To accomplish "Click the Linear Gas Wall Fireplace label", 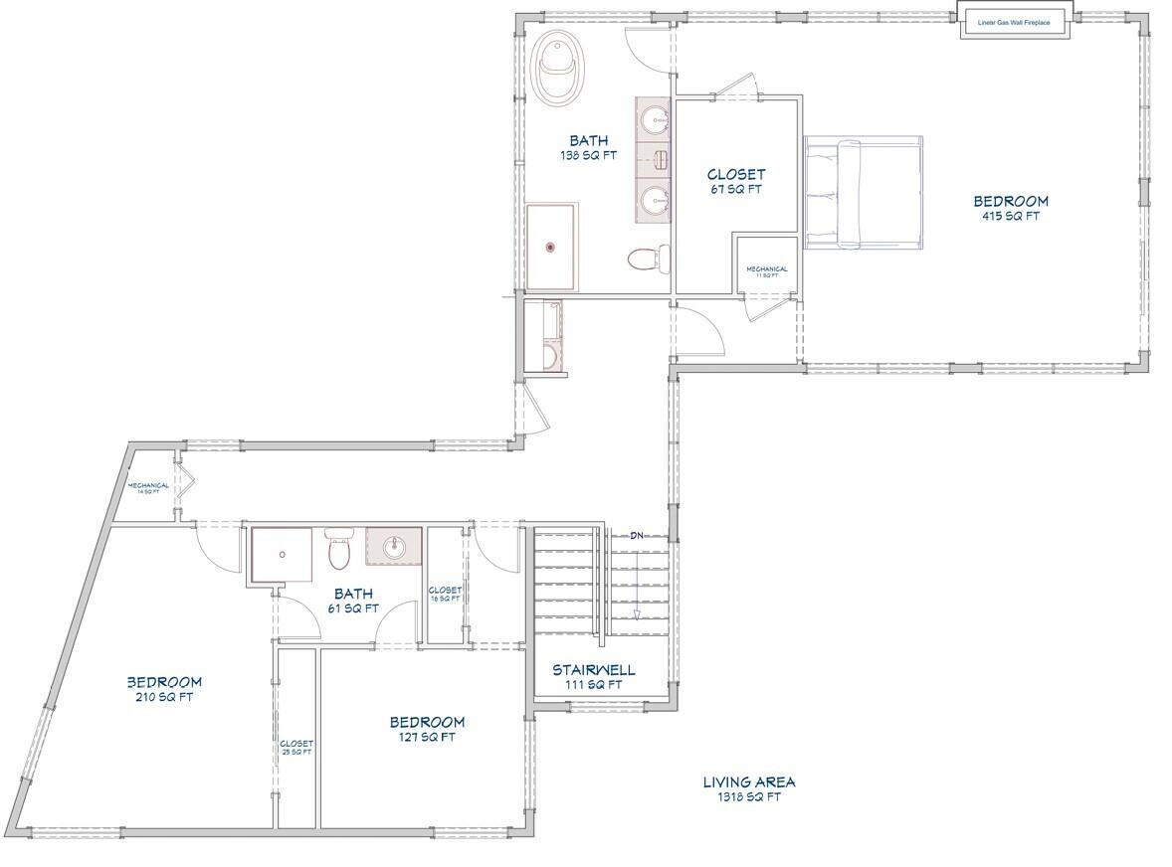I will pos(1014,22).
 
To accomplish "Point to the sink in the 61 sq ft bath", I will pos(394,546).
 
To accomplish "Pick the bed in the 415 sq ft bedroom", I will pos(864,193).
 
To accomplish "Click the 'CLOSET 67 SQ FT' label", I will pos(735,182).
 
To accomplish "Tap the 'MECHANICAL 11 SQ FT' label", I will pos(767,271).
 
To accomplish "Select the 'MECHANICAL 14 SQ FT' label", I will pos(147,488).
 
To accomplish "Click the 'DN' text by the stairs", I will pos(636,536).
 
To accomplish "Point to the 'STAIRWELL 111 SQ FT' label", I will pos(594,676).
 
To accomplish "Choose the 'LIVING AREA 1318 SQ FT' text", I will pos(749,789).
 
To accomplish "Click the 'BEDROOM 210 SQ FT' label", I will pos(164,689).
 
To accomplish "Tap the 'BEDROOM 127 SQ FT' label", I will pos(427,729).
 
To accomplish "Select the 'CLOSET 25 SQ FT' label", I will pos(296,748).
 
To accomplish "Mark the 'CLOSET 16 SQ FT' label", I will pos(445,595).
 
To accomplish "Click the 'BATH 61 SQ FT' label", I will pos(353,601).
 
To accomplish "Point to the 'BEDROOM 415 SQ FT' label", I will pos(1010,208).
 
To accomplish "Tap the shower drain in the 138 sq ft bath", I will pos(548,247).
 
